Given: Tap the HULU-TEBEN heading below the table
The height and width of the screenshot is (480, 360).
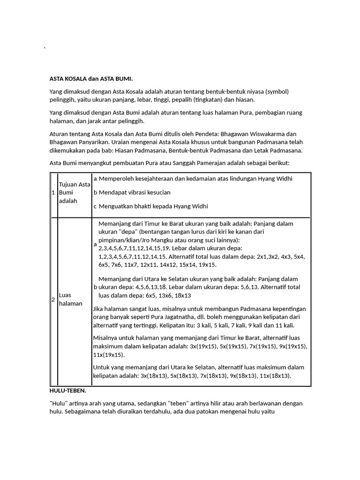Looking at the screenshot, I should pyautogui.click(x=67, y=390).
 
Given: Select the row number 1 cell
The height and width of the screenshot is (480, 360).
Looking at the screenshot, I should pyautogui.click(x=53, y=193).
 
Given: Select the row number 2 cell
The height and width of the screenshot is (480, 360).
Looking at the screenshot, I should pyautogui.click(x=53, y=300).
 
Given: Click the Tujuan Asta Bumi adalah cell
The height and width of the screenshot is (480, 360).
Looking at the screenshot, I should pyautogui.click(x=74, y=193).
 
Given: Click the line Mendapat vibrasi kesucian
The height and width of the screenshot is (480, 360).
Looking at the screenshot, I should pyautogui.click(x=135, y=193).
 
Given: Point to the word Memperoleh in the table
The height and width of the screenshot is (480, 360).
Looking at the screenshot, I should pyautogui.click(x=116, y=179).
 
